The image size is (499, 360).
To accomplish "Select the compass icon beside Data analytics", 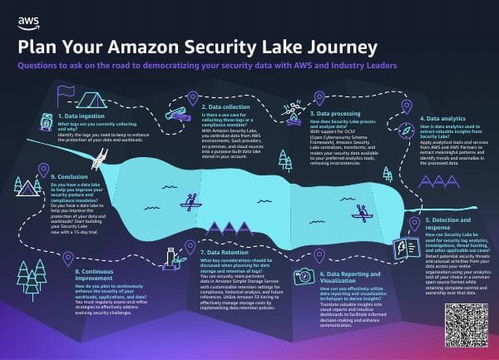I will [x=406, y=129].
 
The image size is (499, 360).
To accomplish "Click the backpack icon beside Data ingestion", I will [x=47, y=122].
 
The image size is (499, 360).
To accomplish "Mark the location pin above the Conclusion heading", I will [x=44, y=171].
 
